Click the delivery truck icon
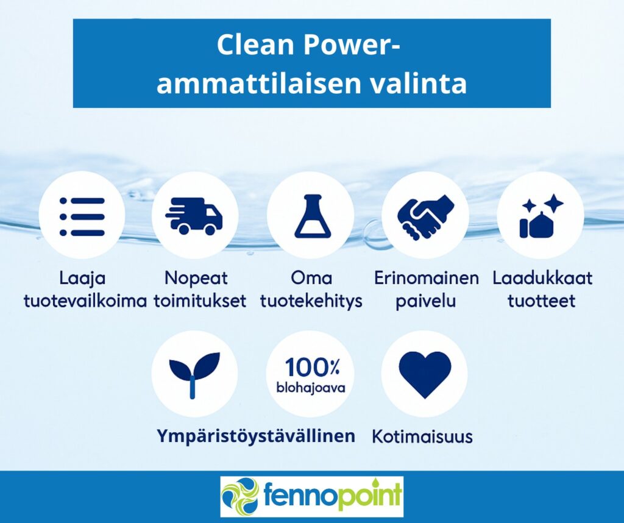(194, 215)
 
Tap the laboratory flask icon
(312, 216)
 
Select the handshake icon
(425, 218)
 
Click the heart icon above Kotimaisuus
(425, 374)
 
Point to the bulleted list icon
(82, 216)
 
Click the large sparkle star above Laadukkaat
(554, 204)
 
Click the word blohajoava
(311, 387)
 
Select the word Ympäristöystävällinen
(256, 436)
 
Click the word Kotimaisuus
(422, 436)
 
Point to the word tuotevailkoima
(85, 301)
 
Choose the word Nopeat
(196, 278)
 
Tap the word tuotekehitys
(311, 301)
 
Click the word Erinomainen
(426, 278)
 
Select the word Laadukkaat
(542, 278)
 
